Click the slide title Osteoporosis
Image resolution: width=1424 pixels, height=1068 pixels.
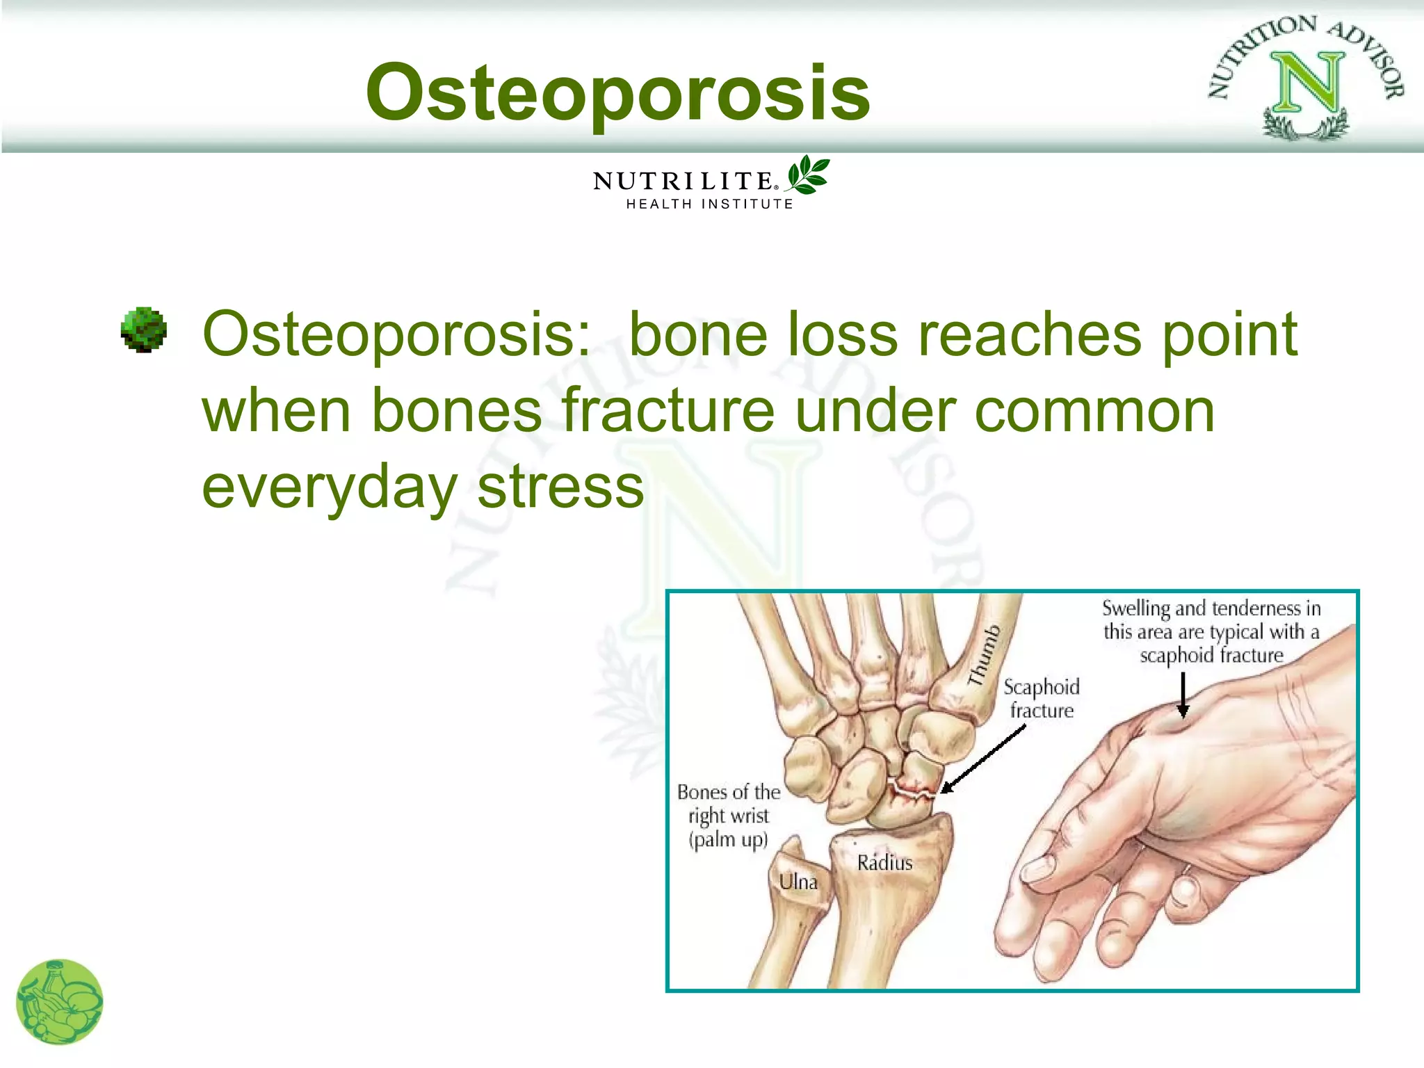coord(617,92)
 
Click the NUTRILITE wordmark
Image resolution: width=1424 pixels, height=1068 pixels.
coord(683,181)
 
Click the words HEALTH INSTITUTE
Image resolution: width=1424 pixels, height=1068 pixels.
coord(709,204)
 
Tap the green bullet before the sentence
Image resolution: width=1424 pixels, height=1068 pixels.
coord(144,330)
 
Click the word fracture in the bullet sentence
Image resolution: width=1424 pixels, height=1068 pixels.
coord(667,410)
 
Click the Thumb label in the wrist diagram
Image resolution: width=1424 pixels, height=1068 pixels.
coord(984,655)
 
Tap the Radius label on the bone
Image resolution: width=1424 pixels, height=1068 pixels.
coord(884,863)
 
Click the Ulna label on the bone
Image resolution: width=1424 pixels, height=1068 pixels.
coord(798,882)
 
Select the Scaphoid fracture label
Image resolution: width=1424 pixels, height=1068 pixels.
coord(1041,698)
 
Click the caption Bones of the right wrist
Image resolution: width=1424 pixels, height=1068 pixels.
coord(728,816)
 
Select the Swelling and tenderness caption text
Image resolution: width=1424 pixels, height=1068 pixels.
coord(1211,631)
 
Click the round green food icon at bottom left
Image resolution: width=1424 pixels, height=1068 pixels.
coord(60,1002)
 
